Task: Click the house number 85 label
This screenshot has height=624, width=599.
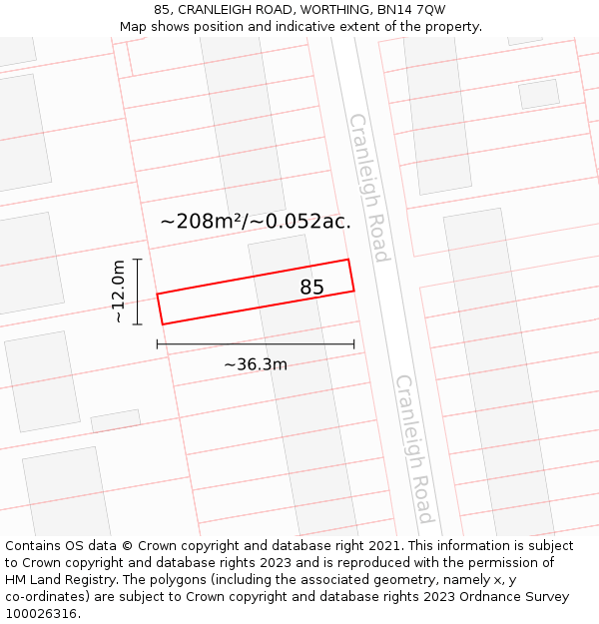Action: tap(311, 288)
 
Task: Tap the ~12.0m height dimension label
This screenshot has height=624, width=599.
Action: tap(119, 292)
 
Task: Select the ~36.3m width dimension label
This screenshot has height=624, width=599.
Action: tap(256, 364)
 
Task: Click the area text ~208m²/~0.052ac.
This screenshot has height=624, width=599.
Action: tap(256, 222)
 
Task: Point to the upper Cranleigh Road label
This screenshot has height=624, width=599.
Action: tap(367, 188)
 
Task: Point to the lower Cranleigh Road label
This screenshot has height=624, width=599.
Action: tap(413, 448)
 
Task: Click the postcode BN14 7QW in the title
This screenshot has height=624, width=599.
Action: tap(411, 10)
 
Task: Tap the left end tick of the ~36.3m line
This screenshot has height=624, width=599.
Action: tap(157, 344)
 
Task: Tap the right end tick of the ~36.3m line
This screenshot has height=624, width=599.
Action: tap(354, 344)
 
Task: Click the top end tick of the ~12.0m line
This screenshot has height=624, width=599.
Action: tap(138, 259)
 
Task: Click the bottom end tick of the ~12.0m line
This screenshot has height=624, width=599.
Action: tap(138, 324)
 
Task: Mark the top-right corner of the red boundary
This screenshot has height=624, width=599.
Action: tap(348, 260)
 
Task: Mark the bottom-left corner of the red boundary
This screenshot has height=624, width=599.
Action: tap(163, 324)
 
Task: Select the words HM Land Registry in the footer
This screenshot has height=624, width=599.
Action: tap(52, 580)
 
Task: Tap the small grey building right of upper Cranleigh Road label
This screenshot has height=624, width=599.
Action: tap(539, 94)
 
